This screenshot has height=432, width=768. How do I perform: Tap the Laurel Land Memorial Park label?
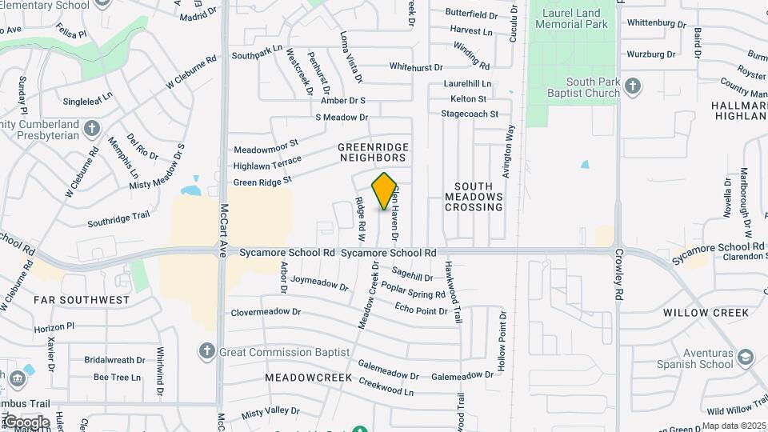tap(574, 18)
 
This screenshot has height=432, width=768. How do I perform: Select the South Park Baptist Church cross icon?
tap(632, 85)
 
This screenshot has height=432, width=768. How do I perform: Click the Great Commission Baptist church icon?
tap(206, 351)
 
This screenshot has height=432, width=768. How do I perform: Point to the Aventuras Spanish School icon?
tap(746, 357)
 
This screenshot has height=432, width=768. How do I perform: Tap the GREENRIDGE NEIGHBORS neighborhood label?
tap(373, 153)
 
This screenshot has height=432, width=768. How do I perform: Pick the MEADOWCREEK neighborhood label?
tap(303, 376)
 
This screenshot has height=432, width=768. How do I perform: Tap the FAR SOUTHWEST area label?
tap(82, 300)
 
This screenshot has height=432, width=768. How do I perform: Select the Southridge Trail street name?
tap(118, 216)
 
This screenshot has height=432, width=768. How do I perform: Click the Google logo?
tap(26, 422)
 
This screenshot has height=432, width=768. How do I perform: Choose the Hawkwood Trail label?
tap(459, 292)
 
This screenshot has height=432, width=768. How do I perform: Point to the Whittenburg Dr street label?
tap(657, 23)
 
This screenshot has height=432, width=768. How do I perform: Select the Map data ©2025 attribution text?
tap(732, 426)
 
